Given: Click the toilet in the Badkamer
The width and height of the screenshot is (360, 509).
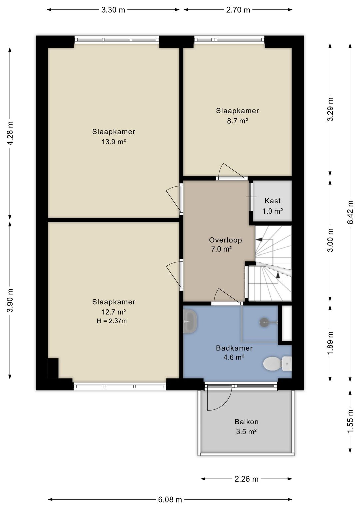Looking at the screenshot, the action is pos(277,363).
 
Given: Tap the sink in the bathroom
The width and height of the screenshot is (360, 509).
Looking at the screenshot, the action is pos(190,322).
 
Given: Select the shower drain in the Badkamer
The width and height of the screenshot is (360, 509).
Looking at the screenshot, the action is pos(264,322).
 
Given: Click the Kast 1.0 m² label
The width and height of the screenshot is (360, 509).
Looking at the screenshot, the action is pos(273,206).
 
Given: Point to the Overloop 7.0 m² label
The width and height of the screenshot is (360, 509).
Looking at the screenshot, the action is pos(225,245).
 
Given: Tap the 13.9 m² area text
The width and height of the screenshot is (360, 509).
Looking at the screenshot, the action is pos(114,142).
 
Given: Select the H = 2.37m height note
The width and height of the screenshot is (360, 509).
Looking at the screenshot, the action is pos(112,321).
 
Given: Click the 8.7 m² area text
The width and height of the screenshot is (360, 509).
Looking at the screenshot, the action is pos(237,121).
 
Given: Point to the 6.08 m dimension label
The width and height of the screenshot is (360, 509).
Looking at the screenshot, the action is pos(170,499).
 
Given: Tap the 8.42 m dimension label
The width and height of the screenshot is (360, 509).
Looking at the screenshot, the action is pos(350,212).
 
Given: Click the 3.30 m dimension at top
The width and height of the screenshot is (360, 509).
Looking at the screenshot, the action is pos(113,10).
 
